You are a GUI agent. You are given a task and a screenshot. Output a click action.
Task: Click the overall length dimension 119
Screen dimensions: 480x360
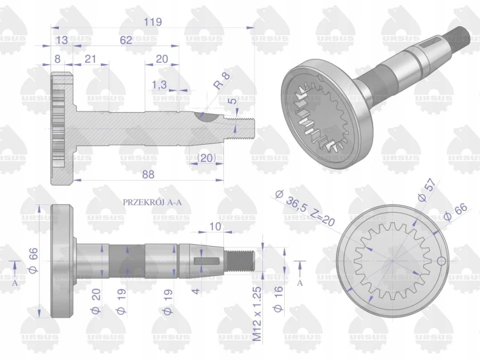click(x=153, y=22)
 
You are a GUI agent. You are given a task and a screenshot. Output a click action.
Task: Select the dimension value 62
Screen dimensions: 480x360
click(x=126, y=40)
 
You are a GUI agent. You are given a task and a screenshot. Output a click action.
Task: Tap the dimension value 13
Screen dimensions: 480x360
click(x=62, y=40)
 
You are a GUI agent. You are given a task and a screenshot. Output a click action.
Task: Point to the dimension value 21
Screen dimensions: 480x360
click(x=90, y=59)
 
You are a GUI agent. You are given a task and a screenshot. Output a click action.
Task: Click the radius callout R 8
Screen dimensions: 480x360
click(x=223, y=81)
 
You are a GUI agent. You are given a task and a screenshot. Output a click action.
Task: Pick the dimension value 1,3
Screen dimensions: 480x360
click(x=159, y=85)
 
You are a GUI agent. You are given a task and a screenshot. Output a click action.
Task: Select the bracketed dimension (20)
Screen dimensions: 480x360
click(x=206, y=158)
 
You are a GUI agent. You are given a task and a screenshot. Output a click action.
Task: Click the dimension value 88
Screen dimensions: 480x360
click(x=148, y=174)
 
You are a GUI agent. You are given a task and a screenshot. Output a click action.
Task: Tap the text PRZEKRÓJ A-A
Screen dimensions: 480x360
click(x=152, y=202)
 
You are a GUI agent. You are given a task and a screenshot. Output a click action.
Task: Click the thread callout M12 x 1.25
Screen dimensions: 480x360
click(x=257, y=314)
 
